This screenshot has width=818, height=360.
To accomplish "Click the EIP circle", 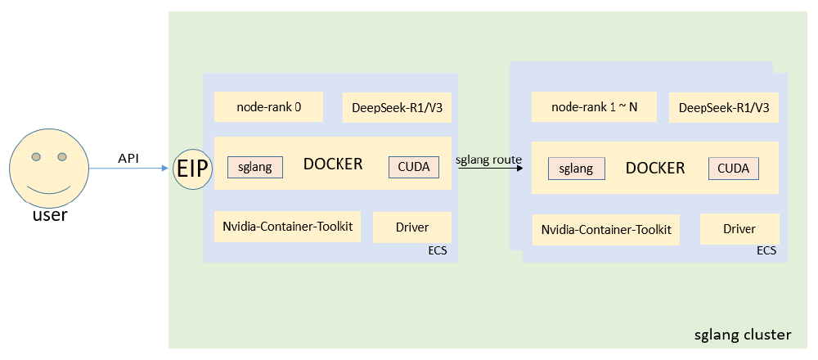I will tap(193, 169).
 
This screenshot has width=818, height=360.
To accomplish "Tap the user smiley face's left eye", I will tap(37, 156).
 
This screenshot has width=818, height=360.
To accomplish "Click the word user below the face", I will tap(49, 216).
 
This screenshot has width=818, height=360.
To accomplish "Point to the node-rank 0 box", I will tap(268, 106).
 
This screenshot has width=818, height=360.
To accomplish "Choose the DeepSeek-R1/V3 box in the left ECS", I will tap(397, 107).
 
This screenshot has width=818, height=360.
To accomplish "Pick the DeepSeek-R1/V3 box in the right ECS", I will tap(723, 107).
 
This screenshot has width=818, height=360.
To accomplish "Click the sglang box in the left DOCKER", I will tap(255, 167).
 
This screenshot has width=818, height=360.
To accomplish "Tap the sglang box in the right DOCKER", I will tap(577, 169).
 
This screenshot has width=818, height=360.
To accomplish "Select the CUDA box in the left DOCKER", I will tap(414, 167).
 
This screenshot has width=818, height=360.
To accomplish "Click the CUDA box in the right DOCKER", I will tap(734, 169).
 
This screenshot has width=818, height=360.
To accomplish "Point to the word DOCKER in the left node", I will tap(333, 164).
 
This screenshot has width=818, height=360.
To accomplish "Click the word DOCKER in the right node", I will tap(655, 168).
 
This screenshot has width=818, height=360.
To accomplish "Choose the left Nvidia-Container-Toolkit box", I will tap(287, 226).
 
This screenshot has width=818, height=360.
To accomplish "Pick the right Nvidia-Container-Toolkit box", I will tap(606, 230).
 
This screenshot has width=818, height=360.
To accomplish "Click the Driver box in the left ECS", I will tap(412, 227).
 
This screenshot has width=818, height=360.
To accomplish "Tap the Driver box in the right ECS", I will tap(739, 229).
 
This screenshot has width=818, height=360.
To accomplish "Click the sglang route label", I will tap(488, 160).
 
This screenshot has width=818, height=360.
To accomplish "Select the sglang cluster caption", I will tap(742, 335).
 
